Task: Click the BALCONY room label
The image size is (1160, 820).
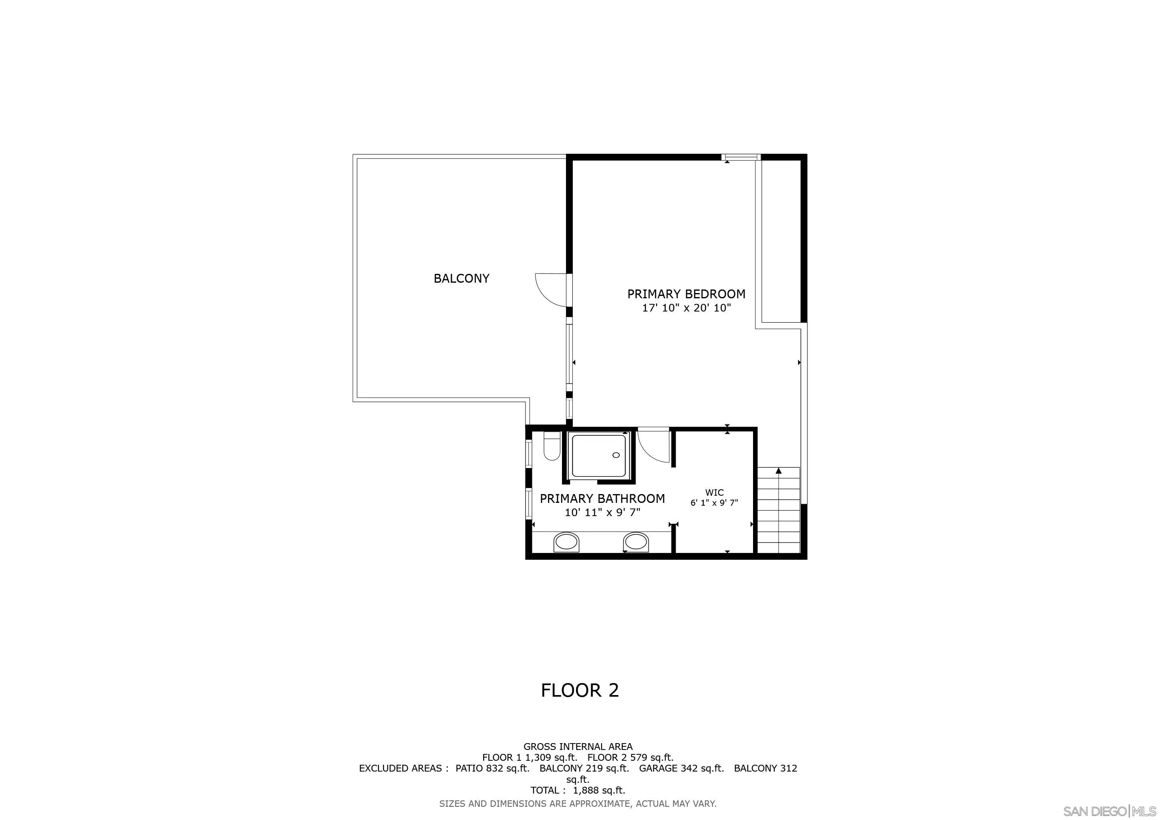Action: pos(461,278)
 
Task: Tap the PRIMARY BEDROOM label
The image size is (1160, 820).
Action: pos(686,294)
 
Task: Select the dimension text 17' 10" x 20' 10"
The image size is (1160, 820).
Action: pos(686,308)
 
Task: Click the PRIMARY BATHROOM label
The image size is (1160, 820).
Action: pos(602,499)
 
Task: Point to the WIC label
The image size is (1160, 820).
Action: pos(715,492)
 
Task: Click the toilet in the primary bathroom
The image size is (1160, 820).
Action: pos(551,447)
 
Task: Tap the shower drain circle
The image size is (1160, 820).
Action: pos(616,455)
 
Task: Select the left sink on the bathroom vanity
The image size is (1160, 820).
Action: pos(566,542)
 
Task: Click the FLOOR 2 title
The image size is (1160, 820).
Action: pos(580,690)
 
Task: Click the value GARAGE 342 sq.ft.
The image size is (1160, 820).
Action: pos(681,768)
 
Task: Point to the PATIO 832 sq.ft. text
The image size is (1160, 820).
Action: pos(492,768)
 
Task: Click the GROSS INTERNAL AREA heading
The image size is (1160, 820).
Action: pos(578,746)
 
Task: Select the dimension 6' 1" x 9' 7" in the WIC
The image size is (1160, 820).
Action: pos(715,503)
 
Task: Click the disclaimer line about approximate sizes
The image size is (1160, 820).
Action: pos(578,803)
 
